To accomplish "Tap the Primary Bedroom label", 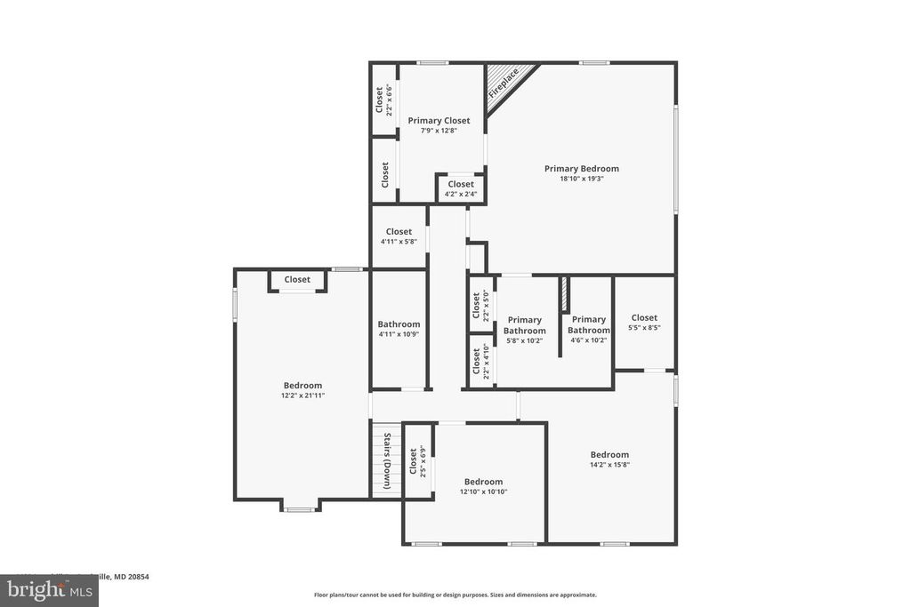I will pyautogui.click(x=582, y=169).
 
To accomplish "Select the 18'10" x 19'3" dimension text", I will pyautogui.click(x=582, y=179).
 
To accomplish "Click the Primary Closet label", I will pyautogui.click(x=439, y=121).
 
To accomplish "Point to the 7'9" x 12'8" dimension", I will pyautogui.click(x=439, y=131).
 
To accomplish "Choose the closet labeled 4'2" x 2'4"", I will pyautogui.click(x=461, y=188).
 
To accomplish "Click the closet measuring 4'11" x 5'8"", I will pyautogui.click(x=399, y=236).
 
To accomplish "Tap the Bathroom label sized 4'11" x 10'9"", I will pyautogui.click(x=399, y=329).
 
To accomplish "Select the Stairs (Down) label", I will pyautogui.click(x=387, y=461).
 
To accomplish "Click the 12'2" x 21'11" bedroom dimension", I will pyautogui.click(x=303, y=395).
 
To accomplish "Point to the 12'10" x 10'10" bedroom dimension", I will pyautogui.click(x=483, y=491).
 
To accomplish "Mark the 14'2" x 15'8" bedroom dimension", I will pyautogui.click(x=609, y=464).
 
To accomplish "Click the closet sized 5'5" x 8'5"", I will pyautogui.click(x=644, y=322).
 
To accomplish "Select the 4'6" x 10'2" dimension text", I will pyautogui.click(x=589, y=339).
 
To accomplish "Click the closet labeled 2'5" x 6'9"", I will pyautogui.click(x=417, y=461).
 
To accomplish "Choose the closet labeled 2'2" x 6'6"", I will pyautogui.click(x=383, y=100).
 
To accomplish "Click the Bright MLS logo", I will pyautogui.click(x=49, y=590).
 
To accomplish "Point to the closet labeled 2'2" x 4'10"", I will pyautogui.click(x=481, y=361).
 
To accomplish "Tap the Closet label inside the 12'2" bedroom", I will pyautogui.click(x=297, y=280).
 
